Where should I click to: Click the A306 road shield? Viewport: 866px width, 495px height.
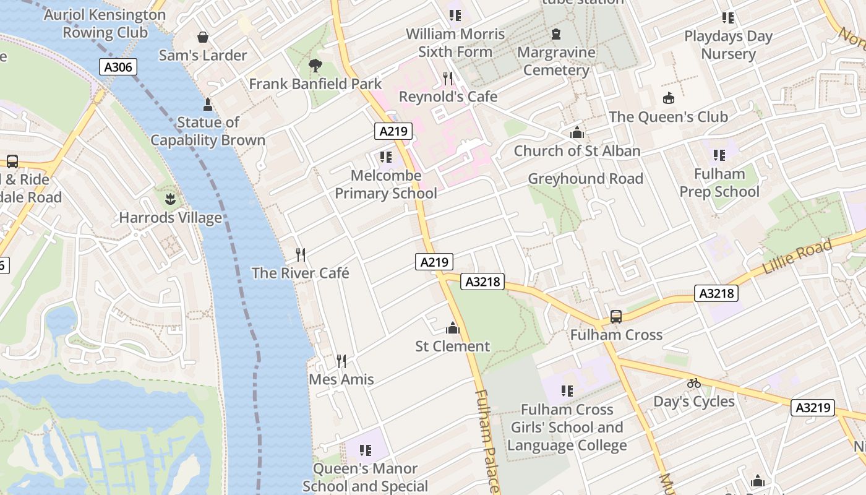tap(118, 67)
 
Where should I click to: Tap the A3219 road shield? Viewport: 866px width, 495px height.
tap(814, 408)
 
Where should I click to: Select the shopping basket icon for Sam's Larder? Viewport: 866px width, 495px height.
tap(202, 38)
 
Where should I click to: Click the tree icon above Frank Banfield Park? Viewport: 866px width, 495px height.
tap(315, 65)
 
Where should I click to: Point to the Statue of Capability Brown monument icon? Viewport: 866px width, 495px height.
tap(207, 104)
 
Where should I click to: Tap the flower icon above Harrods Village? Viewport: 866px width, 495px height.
tap(169, 199)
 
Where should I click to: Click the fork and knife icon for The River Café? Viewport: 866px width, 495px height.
tap(301, 254)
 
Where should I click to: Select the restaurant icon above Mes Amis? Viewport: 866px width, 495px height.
tap(341, 361)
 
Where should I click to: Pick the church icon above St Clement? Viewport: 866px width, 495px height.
tap(453, 327)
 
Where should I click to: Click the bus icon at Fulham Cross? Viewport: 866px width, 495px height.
tap(615, 316)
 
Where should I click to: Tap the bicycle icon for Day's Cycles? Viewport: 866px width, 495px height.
tap(693, 383)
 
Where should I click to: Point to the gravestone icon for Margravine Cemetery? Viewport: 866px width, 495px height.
tap(555, 34)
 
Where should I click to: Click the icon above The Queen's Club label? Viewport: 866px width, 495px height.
tap(668, 98)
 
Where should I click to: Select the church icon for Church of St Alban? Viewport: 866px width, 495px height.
tap(577, 132)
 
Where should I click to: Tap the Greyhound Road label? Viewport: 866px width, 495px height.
tap(585, 179)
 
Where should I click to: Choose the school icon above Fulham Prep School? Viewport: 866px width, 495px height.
tap(719, 155)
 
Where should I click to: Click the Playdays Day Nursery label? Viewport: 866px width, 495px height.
tap(728, 45)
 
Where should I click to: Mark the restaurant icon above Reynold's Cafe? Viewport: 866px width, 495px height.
tap(448, 78)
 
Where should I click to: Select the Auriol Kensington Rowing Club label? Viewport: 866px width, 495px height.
tap(105, 24)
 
